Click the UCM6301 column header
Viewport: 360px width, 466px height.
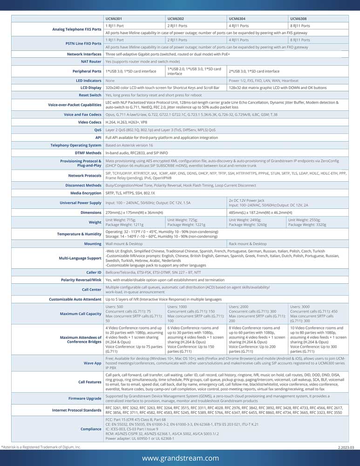[x=115, y=19]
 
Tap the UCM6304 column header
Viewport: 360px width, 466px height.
[x=238, y=19]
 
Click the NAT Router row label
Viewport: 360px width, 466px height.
[x=91, y=61]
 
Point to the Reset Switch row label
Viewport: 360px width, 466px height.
[x=90, y=95]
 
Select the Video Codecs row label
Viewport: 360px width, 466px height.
[x=89, y=122]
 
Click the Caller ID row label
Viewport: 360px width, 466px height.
[x=94, y=272]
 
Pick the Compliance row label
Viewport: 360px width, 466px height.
[x=90, y=429]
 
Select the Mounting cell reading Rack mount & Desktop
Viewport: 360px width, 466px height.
[x=248, y=244]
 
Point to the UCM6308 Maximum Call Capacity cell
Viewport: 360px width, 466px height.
[x=318, y=314]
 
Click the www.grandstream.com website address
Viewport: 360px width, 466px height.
[x=180, y=458]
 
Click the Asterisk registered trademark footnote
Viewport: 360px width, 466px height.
[x=41, y=447]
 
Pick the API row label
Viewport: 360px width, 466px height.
[x=98, y=137]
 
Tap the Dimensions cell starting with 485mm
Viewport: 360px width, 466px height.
[x=257, y=212]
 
